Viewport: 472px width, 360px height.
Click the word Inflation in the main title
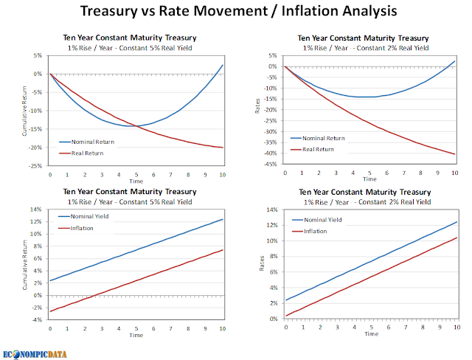point(310,11)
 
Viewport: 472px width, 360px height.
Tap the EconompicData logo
point(35,354)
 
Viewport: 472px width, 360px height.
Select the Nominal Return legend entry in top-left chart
point(87,142)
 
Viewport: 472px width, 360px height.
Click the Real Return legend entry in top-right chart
point(313,149)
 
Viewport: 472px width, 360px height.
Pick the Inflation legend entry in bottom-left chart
point(76,228)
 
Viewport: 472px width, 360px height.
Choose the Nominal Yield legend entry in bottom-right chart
point(317,220)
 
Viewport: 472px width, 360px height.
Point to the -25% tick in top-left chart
point(35,166)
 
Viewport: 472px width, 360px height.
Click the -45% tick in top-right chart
point(270,164)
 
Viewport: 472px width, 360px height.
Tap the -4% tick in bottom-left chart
point(37,319)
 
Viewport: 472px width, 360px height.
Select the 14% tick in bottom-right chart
point(272,210)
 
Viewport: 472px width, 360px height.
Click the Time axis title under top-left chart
point(136,181)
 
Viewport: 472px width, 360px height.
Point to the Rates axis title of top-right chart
point(257,106)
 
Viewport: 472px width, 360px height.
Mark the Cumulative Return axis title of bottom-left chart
point(24,265)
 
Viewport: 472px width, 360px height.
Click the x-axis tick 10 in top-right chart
point(455,173)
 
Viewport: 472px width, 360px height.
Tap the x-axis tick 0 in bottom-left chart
point(50,328)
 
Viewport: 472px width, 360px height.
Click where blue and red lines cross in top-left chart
point(137,126)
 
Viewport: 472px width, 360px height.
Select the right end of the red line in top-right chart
point(455,154)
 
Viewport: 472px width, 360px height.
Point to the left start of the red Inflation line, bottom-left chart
point(50,311)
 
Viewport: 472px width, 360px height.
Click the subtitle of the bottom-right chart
point(367,202)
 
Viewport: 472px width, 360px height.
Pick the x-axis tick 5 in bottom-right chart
point(372,328)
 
